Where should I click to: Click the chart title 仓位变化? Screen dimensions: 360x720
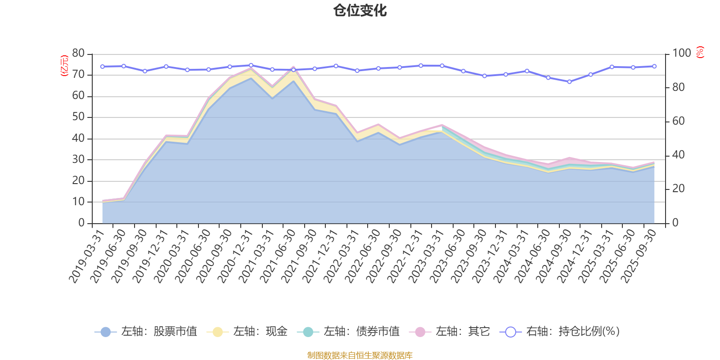click(360, 10)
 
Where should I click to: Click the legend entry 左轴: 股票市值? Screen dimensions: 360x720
click(146, 332)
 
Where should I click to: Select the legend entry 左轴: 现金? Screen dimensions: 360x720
click(247, 332)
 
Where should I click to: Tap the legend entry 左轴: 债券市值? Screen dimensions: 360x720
click(348, 332)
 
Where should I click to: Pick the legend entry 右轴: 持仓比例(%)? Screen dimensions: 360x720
click(560, 332)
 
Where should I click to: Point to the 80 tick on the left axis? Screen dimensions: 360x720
click(78, 53)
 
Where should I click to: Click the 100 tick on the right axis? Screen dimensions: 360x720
click(681, 53)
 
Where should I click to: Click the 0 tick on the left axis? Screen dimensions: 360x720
click(81, 223)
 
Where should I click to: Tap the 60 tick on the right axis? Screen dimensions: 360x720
click(679, 121)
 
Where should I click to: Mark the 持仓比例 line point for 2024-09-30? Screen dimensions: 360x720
click(569, 82)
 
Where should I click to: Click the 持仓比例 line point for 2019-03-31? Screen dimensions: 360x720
click(102, 67)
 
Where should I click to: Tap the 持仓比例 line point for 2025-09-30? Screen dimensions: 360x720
click(654, 66)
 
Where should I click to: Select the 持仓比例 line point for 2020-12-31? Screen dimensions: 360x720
click(251, 65)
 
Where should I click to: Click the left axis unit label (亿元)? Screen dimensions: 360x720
click(64, 66)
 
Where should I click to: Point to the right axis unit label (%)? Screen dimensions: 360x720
click(700, 52)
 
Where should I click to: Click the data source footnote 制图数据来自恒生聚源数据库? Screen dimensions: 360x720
click(360, 355)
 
